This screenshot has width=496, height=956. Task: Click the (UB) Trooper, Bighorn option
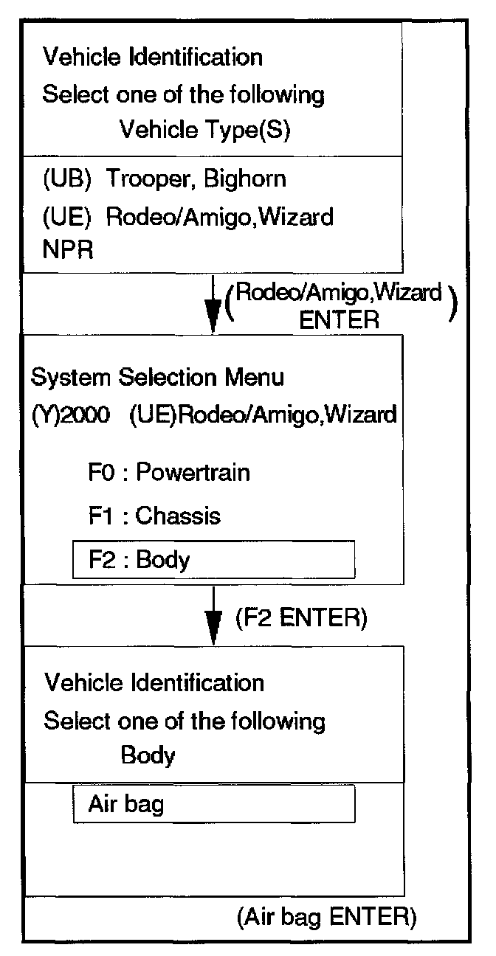click(165, 179)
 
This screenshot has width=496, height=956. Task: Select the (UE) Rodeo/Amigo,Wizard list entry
click(187, 217)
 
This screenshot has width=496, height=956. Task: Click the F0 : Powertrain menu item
click(169, 472)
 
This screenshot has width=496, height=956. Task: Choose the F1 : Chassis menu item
click(154, 515)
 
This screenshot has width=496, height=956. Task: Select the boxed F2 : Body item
click(213, 560)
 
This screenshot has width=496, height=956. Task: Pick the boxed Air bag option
click(213, 803)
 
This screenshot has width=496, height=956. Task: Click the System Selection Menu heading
click(157, 378)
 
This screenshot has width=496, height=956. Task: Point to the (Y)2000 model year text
click(71, 415)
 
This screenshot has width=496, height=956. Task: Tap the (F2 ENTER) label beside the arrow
click(300, 618)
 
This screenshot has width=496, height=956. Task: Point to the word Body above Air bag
click(148, 756)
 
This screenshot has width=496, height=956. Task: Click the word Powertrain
click(193, 472)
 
